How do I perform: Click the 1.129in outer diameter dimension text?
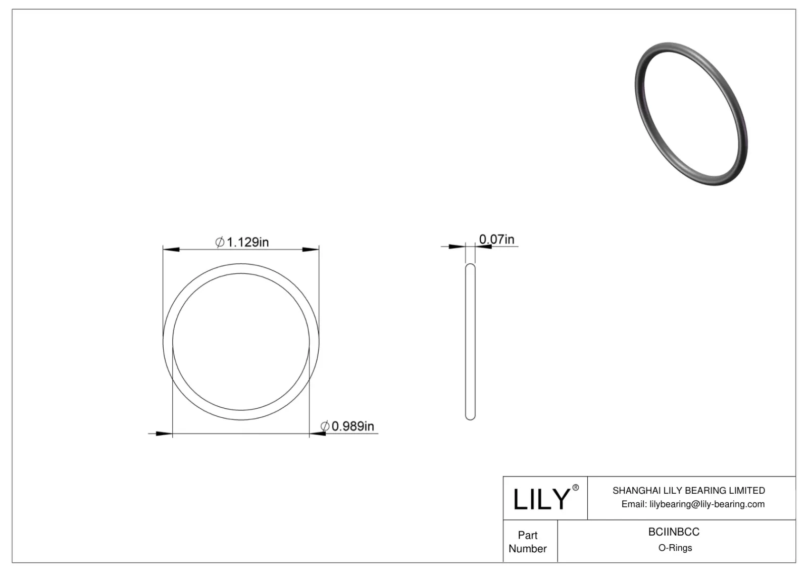[247, 243]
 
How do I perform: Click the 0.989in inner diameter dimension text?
[352, 426]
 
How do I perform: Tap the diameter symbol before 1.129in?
[220, 243]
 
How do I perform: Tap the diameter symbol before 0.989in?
[325, 426]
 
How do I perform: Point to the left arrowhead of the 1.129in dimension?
[171, 249]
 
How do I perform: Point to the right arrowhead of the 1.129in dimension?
[311, 249]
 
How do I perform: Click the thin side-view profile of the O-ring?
[470, 342]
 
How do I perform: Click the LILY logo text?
[541, 499]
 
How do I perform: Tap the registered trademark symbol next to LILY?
[575, 488]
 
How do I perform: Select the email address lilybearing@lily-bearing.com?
[707, 504]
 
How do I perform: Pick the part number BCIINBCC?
[674, 532]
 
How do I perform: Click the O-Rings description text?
[675, 548]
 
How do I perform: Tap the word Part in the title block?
[528, 535]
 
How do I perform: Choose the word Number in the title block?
[528, 549]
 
